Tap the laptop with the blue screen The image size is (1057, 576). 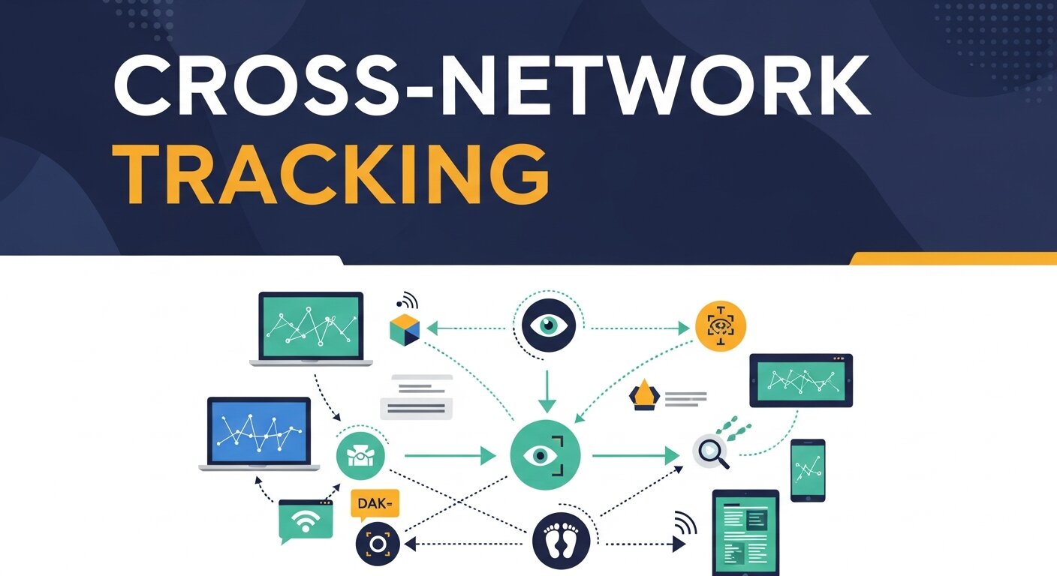[x=258, y=433]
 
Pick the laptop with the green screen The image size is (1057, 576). [x=310, y=328]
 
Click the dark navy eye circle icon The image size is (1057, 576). [x=548, y=325]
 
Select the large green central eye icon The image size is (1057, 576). [x=546, y=455]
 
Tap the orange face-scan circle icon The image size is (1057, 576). [x=721, y=325]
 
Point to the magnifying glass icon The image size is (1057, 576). [x=710, y=453]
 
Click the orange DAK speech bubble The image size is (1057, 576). [x=375, y=505]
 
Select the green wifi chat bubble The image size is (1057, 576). [x=305, y=521]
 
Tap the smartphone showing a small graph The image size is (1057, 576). [x=808, y=470]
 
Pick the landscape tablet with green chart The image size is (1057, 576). [x=801, y=380]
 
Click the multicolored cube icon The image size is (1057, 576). [x=405, y=331]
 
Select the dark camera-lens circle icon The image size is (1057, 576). [x=376, y=543]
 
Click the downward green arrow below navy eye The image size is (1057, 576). [x=547, y=390]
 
